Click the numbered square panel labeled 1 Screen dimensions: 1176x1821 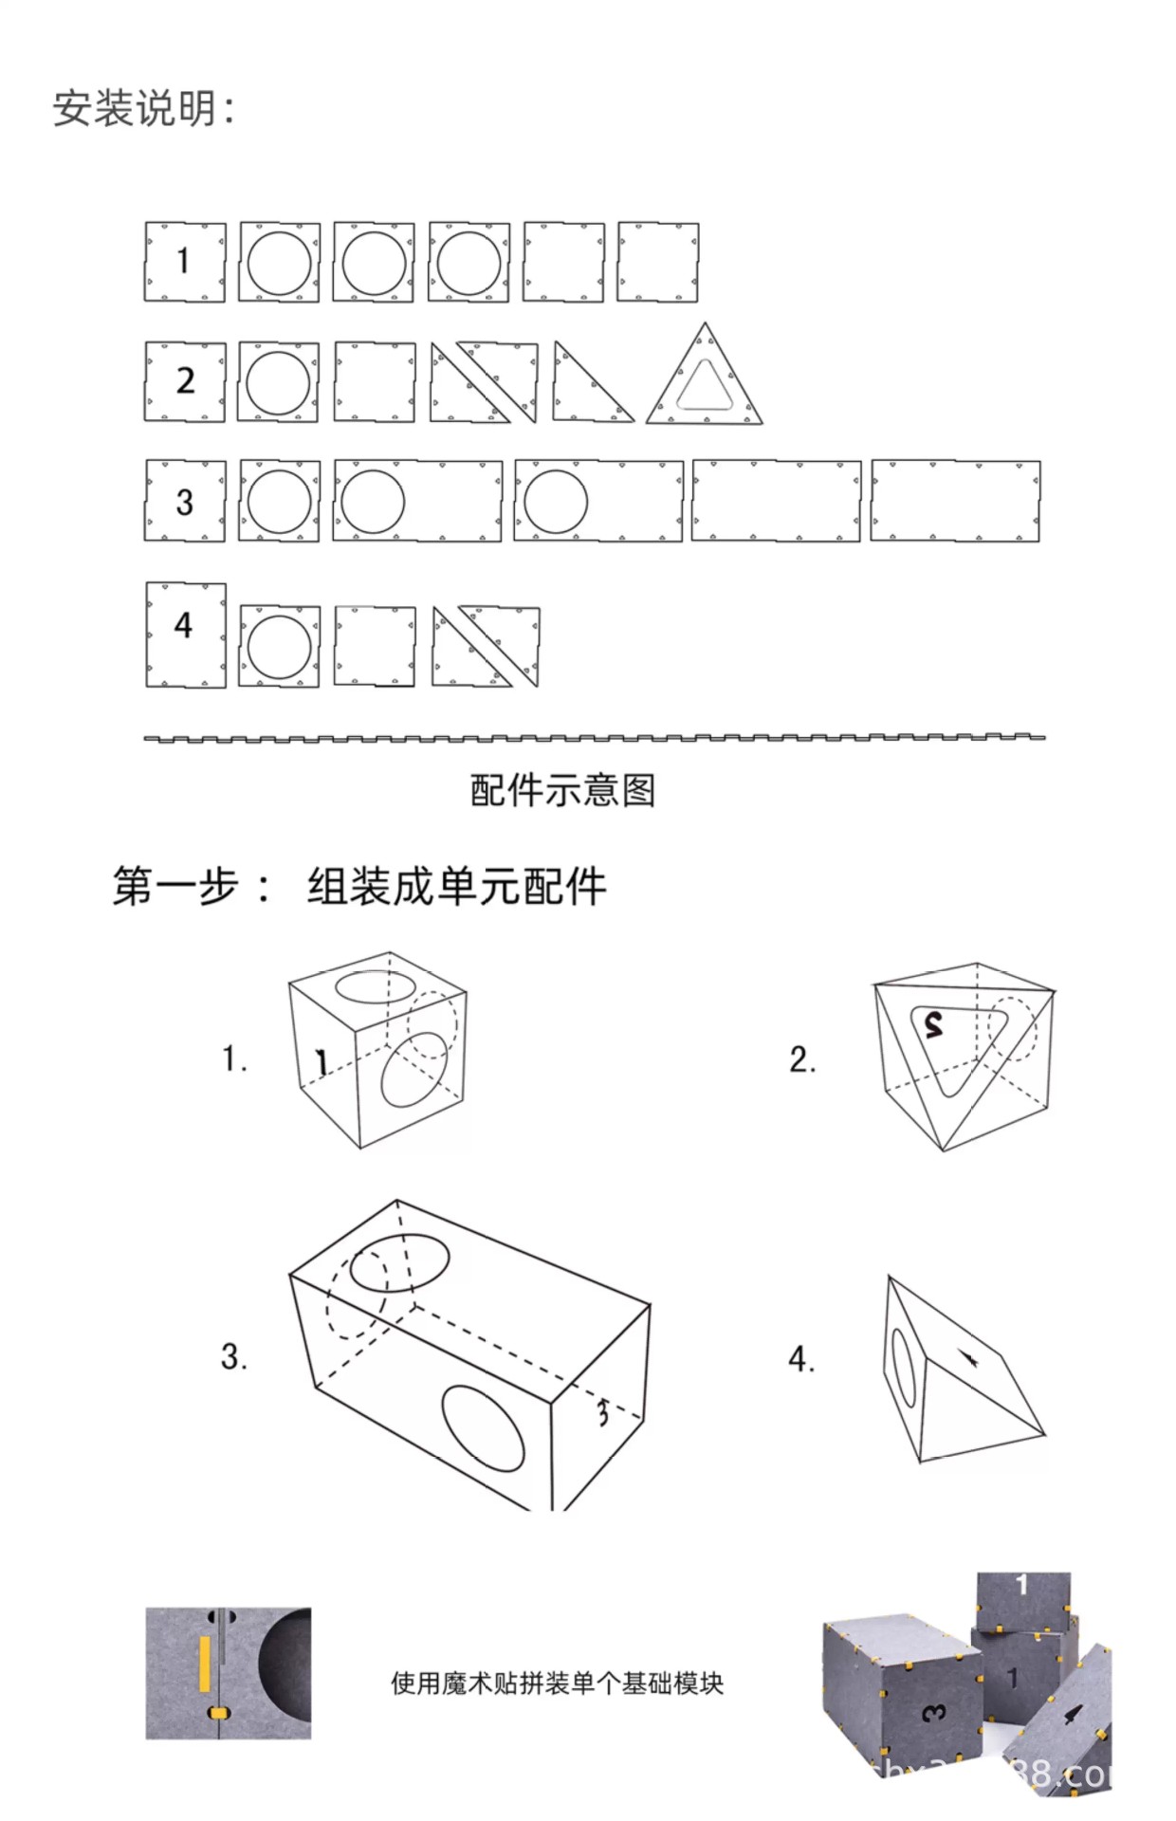(x=185, y=262)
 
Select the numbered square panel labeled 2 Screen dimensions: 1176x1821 (x=185, y=381)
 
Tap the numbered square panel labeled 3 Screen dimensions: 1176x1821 (x=185, y=502)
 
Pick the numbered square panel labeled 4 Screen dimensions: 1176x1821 (x=186, y=635)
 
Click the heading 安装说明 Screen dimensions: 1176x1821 (x=142, y=108)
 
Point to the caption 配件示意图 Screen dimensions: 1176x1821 (x=562, y=790)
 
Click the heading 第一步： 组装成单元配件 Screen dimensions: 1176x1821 (x=358, y=887)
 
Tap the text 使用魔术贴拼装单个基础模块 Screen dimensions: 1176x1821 (x=557, y=1683)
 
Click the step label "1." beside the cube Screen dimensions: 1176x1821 (x=234, y=1058)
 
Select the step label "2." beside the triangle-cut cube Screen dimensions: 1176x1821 (x=801, y=1058)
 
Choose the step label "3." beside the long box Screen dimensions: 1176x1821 (x=234, y=1356)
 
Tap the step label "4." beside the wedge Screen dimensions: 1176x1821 (x=801, y=1358)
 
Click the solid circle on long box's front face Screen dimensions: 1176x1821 (x=484, y=1428)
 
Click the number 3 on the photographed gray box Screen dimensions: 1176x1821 (x=934, y=1713)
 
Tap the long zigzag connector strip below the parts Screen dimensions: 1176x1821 (x=595, y=738)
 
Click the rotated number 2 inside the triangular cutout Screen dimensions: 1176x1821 (x=934, y=1024)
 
